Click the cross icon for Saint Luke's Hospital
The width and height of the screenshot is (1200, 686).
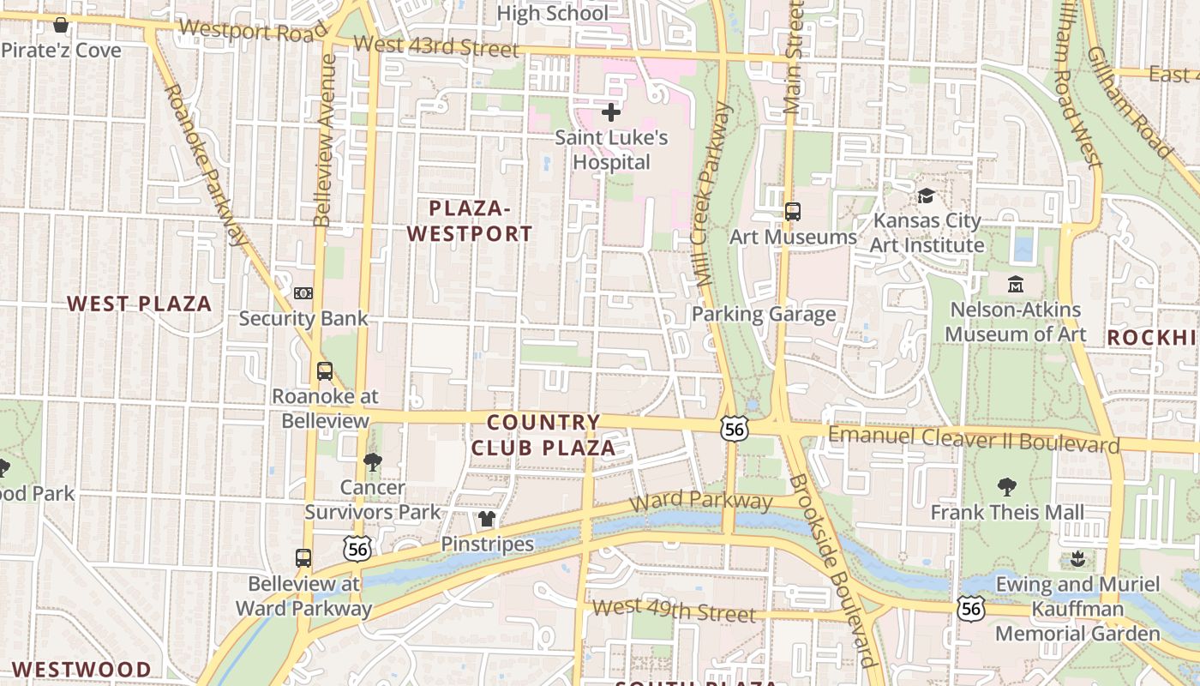pos(611,112)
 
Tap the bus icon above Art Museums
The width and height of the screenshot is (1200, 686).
pos(793,211)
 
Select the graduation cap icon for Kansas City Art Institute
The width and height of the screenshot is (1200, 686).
pos(926,196)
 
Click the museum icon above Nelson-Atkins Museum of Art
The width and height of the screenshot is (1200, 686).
pos(1016,284)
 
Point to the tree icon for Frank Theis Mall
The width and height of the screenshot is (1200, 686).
pos(1007,487)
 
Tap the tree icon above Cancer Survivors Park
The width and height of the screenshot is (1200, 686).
pos(372,462)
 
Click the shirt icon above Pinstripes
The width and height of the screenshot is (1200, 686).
pos(487,519)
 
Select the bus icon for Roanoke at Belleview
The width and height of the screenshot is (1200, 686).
pos(325,371)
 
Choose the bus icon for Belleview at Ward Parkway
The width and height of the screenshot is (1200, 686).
pos(303,558)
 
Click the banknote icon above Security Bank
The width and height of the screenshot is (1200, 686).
pos(303,293)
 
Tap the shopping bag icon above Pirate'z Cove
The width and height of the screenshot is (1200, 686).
pos(61,25)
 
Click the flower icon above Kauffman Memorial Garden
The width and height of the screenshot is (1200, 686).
pos(1077,560)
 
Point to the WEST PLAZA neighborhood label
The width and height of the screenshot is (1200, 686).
pos(140,304)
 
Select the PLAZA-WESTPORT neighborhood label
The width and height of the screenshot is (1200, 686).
pos(470,220)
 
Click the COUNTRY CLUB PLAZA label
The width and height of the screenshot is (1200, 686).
pos(543,435)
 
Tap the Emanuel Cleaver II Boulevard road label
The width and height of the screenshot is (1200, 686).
pos(974,439)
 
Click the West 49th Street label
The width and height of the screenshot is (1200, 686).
pos(675,611)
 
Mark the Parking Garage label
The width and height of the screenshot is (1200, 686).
pos(764,314)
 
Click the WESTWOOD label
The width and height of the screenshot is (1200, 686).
pos(82,669)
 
